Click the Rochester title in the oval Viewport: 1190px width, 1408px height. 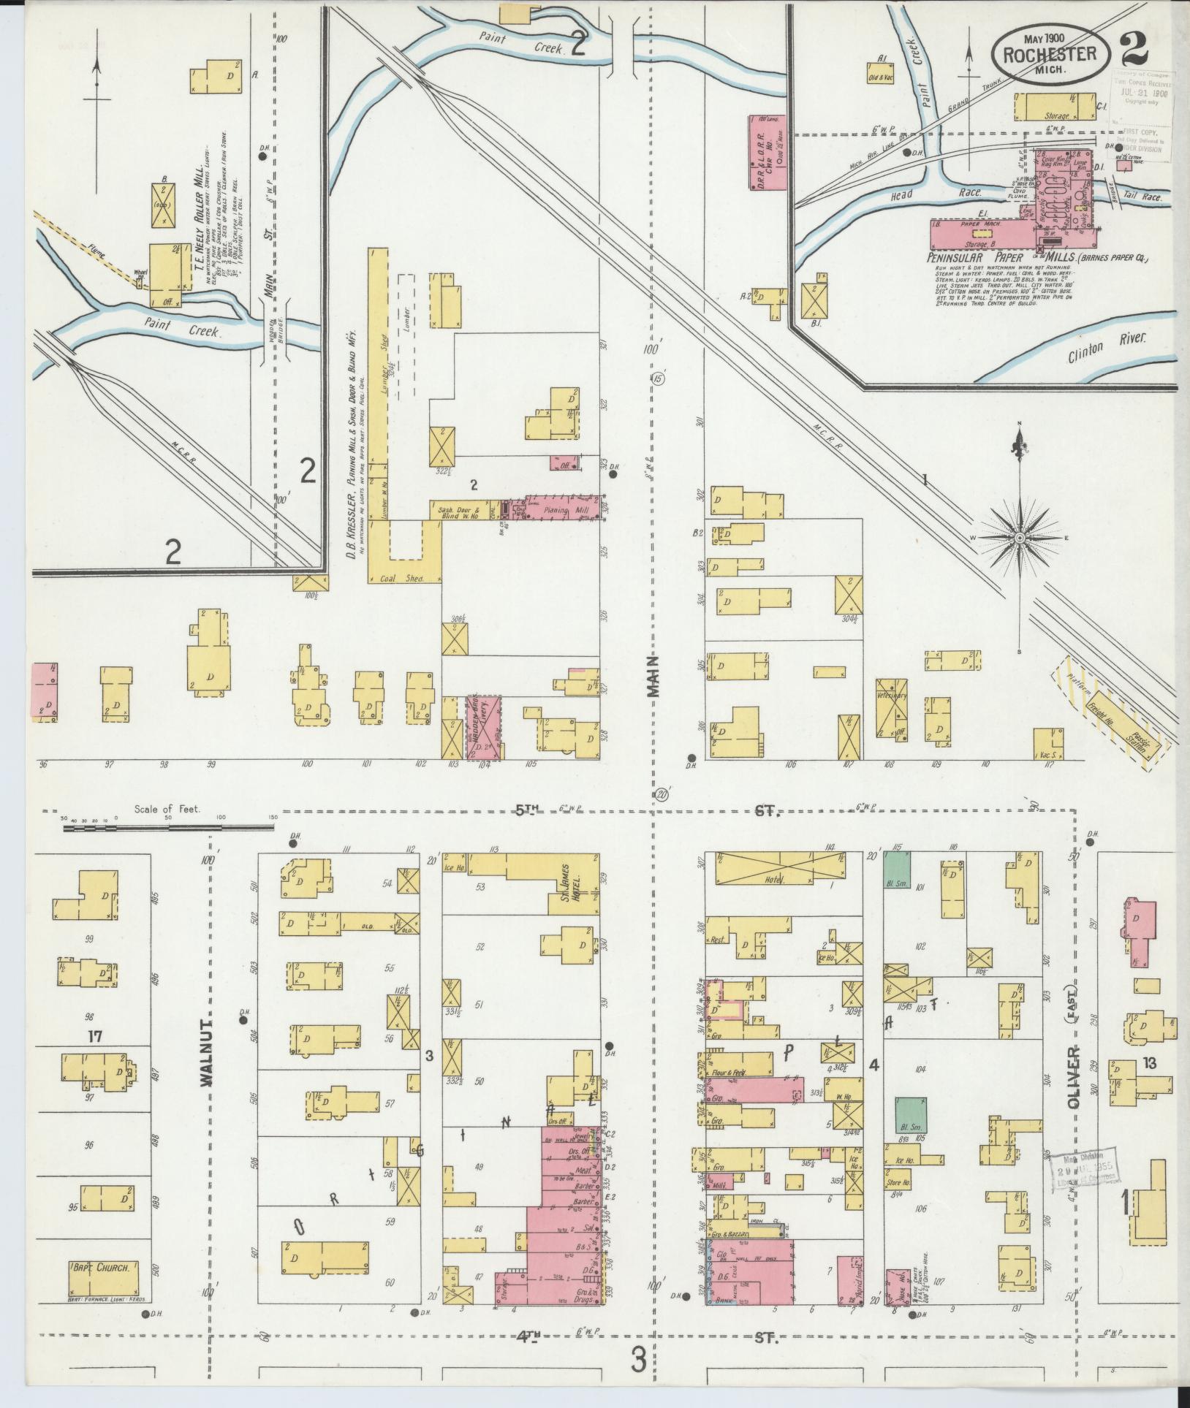(x=1050, y=54)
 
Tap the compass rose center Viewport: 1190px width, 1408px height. (x=1019, y=538)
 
